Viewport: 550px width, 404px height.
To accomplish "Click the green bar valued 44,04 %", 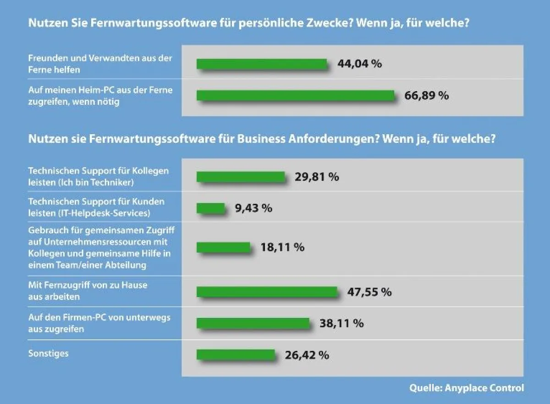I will (262, 64).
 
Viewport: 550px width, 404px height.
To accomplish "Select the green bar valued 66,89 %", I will (296, 95).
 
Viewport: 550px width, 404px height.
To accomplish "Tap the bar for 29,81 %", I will (241, 177).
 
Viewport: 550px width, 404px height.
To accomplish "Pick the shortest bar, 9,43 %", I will (211, 208).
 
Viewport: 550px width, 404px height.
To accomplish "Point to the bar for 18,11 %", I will (223, 247).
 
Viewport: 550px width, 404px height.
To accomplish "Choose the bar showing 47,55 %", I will (267, 292).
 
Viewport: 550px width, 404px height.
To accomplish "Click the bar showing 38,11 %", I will (253, 323).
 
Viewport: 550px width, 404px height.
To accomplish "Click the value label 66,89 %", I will (426, 96).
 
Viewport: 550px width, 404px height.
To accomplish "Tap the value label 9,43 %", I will (253, 208).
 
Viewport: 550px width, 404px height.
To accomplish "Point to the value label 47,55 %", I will (369, 292).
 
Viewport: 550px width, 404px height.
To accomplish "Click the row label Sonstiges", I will (48, 354).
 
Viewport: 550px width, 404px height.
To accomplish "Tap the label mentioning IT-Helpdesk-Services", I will (96, 207).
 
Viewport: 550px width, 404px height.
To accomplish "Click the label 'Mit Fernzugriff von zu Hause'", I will (88, 291).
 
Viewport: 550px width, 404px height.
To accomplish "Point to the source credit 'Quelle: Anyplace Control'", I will (467, 388).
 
